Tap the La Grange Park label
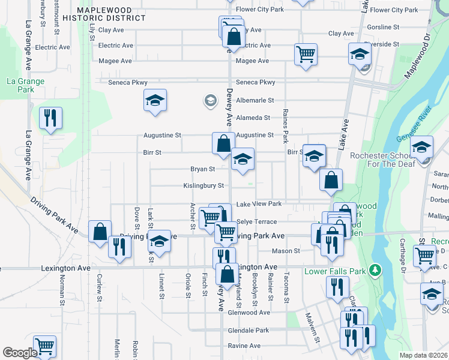pos(20,85)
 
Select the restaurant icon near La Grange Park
pos(50,118)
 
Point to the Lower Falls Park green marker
pos(376,270)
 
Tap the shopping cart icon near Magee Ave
pos(306,55)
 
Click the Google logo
pos(19,353)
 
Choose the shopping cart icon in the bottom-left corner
pos(44,346)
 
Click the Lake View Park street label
pos(259,205)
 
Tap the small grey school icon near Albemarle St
pos(210,100)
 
